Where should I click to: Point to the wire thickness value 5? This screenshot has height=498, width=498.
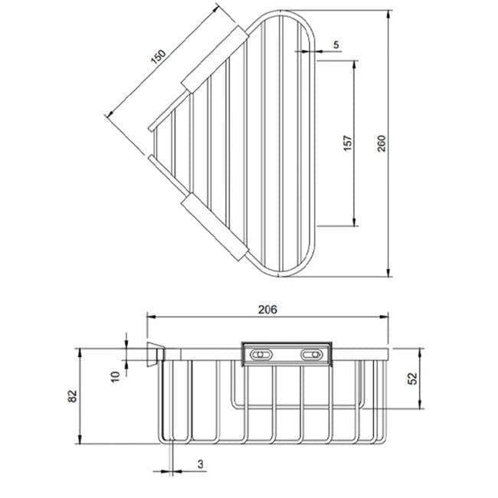(336, 45)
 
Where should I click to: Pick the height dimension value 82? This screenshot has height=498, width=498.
(73, 396)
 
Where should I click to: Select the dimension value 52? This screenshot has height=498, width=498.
(413, 378)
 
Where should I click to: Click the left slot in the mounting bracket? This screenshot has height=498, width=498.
(261, 355)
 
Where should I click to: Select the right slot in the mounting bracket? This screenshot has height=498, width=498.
(312, 355)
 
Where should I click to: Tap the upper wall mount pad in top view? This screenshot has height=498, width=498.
(213, 57)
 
